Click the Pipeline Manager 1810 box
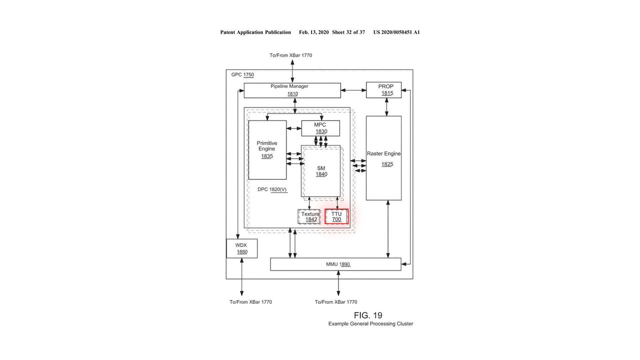coord(292,90)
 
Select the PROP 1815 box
coord(383,89)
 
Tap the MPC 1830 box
coord(320,128)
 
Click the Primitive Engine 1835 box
coord(267,150)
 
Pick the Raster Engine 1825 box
coord(383,158)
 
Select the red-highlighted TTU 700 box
coord(336,216)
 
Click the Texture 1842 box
coord(309,216)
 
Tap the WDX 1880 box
coord(241,248)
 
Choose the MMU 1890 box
coord(335,264)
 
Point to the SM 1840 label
coord(321,171)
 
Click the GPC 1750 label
coord(242,74)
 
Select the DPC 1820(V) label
coord(272,189)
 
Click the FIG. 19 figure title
coord(368,315)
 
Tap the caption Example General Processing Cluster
coord(370,323)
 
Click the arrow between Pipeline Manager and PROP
coord(353,90)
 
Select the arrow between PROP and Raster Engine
coord(386,107)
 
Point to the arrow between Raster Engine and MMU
coord(387,229)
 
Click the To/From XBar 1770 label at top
coord(291,55)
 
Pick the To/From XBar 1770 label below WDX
coord(251,302)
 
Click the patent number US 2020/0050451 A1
coord(396,32)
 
